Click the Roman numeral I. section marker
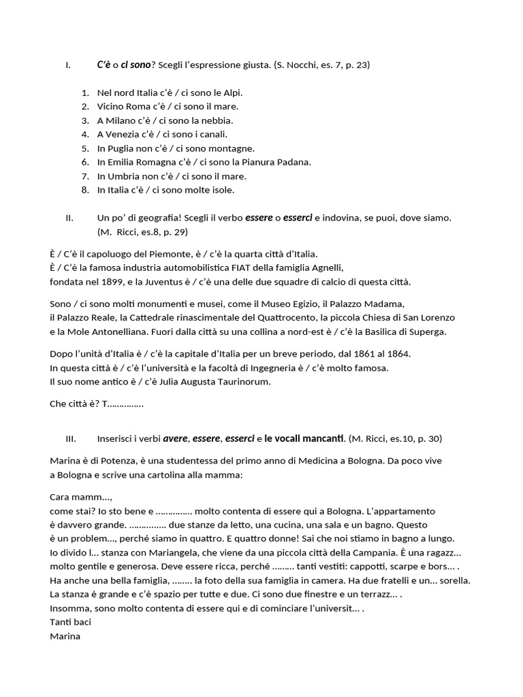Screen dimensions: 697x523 click(x=67, y=65)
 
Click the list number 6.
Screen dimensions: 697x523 click(x=85, y=162)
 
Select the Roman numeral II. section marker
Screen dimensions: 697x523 click(x=69, y=218)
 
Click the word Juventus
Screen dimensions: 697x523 click(x=176, y=282)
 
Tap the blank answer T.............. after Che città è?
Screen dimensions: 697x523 click(x=123, y=404)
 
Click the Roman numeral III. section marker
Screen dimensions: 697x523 click(x=71, y=438)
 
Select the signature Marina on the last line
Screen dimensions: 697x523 click(x=65, y=636)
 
